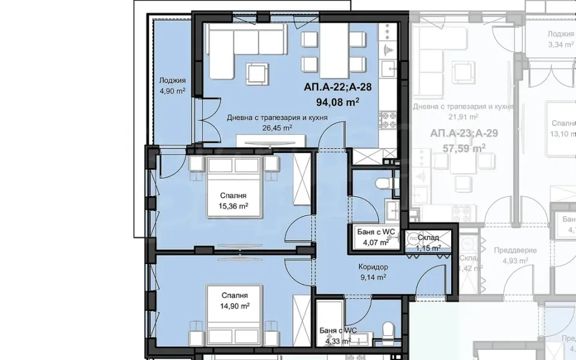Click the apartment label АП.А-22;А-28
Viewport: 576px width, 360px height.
pyautogui.click(x=337, y=87)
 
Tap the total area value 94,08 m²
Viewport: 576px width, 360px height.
pyautogui.click(x=337, y=102)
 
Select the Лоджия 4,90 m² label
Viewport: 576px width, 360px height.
pyautogui.click(x=172, y=86)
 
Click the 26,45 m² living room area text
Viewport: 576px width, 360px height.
pyautogui.click(x=277, y=128)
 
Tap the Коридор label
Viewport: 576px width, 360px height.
pyautogui.click(x=373, y=267)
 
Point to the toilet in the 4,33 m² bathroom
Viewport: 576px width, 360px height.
pyautogui.click(x=388, y=329)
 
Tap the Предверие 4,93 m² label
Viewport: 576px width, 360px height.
pyautogui.click(x=515, y=256)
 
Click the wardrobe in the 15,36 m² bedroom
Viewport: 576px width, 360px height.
pyautogui.click(x=301, y=180)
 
